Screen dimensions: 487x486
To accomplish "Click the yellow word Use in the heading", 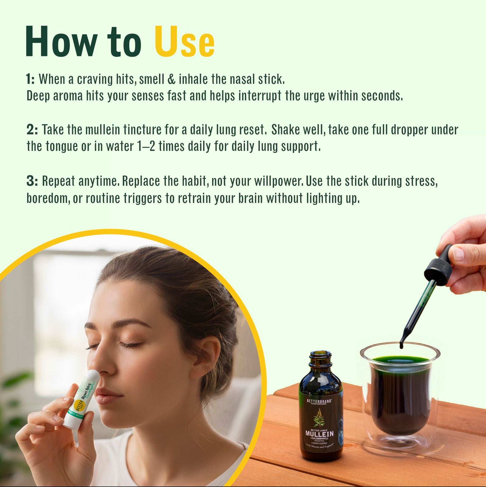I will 185,42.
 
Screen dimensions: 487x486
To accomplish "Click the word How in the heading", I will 62,42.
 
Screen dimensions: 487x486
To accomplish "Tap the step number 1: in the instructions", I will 30,79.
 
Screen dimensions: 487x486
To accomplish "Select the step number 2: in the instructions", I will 32,130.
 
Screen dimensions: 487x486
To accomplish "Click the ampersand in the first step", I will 171,79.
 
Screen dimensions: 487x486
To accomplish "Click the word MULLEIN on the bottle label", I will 320,433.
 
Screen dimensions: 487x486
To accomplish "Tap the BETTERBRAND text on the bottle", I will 319,401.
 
